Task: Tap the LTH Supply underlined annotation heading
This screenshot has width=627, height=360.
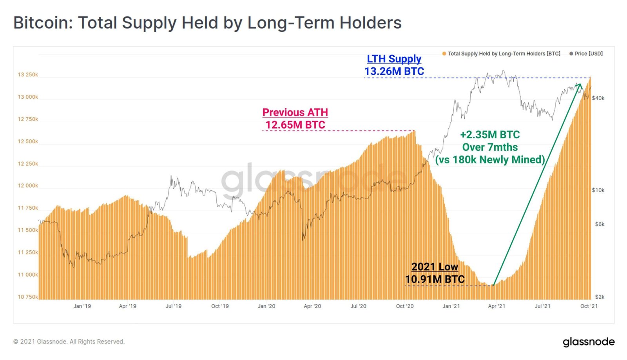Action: tap(394, 59)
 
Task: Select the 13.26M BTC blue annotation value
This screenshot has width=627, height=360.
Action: tap(394, 71)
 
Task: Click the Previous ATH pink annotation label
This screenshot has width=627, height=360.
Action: tap(295, 112)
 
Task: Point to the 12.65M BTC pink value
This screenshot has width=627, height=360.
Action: tap(295, 125)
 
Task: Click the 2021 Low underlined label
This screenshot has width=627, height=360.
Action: tap(435, 267)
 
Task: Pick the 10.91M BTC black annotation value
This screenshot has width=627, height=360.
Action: tap(435, 279)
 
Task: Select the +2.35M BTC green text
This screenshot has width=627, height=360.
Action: tap(490, 135)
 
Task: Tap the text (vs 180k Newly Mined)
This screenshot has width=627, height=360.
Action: tap(490, 160)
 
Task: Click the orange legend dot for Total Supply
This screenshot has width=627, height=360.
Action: tap(444, 54)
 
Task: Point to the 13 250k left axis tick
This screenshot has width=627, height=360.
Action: tap(28, 75)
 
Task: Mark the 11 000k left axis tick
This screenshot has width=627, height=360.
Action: tap(28, 275)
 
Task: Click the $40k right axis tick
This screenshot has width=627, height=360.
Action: tap(598, 98)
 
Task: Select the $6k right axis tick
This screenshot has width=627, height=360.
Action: tap(600, 224)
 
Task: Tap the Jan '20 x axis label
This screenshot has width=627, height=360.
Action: tap(266, 306)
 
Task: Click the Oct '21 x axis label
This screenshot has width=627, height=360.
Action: tap(589, 306)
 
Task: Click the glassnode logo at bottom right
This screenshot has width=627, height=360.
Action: tap(589, 342)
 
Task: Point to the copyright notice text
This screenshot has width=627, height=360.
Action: tap(69, 342)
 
